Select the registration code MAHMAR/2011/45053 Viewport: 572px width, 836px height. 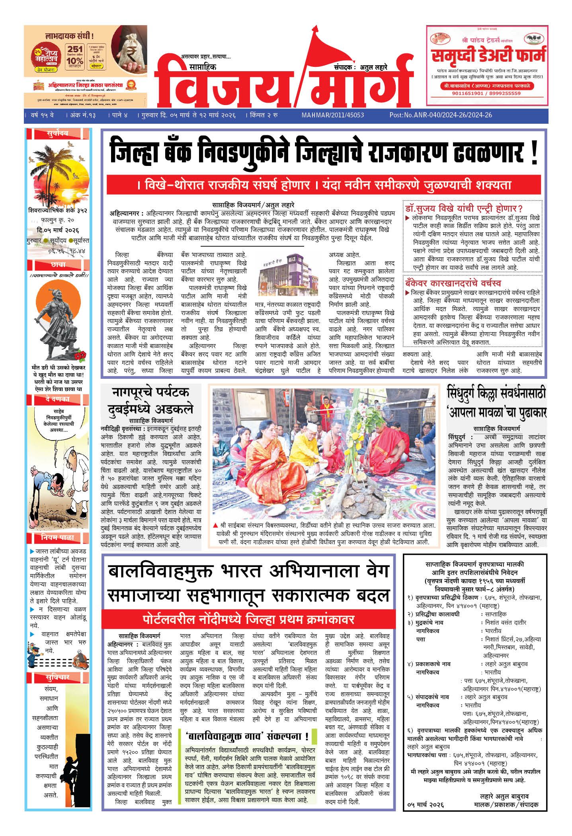(x=332, y=115)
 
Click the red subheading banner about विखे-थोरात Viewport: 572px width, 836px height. (x=323, y=185)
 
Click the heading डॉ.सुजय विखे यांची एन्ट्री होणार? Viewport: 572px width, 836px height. (x=464, y=208)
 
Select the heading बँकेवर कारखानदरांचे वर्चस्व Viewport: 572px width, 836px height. (x=453, y=283)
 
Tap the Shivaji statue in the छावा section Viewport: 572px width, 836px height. (x=56, y=322)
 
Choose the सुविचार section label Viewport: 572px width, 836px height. (x=58, y=677)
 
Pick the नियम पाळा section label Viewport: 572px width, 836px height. (x=58, y=538)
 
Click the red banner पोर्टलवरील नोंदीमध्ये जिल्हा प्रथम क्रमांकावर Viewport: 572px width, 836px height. (x=248, y=620)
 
